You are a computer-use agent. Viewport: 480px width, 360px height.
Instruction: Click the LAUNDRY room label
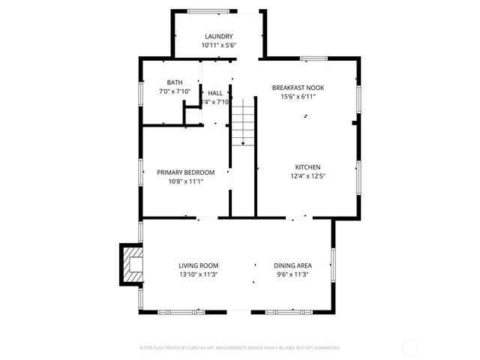pyautogui.click(x=218, y=36)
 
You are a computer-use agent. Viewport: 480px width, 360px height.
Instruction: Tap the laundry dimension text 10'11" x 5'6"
pyautogui.click(x=218, y=45)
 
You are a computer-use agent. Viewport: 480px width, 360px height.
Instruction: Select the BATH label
pyautogui.click(x=174, y=82)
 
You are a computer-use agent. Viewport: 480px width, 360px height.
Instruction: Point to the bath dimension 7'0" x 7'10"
pyautogui.click(x=174, y=91)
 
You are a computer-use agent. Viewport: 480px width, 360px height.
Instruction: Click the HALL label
pyautogui.click(x=214, y=93)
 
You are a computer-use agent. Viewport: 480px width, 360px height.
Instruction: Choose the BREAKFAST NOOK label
pyautogui.click(x=303, y=88)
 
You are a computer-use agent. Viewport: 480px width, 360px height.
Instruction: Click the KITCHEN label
pyautogui.click(x=307, y=166)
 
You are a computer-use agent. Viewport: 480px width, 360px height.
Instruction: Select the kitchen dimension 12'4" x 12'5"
pyautogui.click(x=307, y=175)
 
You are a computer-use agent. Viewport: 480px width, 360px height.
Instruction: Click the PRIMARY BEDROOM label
pyautogui.click(x=185, y=172)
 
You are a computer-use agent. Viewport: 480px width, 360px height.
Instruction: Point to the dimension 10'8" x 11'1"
pyautogui.click(x=185, y=181)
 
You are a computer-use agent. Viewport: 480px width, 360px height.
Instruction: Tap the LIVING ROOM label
pyautogui.click(x=198, y=265)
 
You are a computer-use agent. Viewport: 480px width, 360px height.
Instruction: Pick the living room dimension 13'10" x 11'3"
pyautogui.click(x=198, y=274)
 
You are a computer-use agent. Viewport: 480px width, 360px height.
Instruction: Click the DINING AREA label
pyautogui.click(x=292, y=265)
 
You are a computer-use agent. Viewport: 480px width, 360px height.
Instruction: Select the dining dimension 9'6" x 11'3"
pyautogui.click(x=292, y=274)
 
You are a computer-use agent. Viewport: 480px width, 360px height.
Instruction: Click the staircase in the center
pyautogui.click(x=243, y=124)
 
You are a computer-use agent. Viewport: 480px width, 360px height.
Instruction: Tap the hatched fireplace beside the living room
pyautogui.click(x=130, y=264)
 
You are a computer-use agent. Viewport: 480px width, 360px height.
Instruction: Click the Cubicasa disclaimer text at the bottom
pyautogui.click(x=240, y=348)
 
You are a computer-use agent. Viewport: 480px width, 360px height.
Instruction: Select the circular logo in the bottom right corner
pyautogui.click(x=409, y=347)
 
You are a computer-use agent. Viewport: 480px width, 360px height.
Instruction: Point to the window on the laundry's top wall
pyautogui.click(x=209, y=10)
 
